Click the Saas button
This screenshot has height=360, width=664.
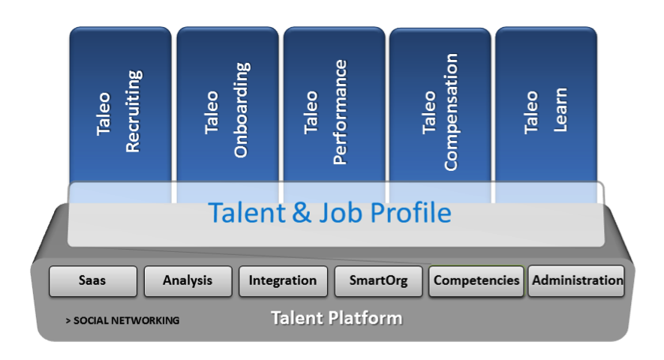[x=93, y=280]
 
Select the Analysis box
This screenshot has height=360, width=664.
[x=188, y=280]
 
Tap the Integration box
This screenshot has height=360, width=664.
[x=283, y=280]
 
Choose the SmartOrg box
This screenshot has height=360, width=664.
[x=379, y=280]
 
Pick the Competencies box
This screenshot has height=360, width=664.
[x=476, y=280]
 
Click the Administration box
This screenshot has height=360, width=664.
[x=576, y=280]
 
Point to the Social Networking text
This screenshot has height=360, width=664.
[x=122, y=320]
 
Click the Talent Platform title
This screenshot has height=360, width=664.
[x=337, y=318]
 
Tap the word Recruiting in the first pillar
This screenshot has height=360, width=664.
[x=134, y=111]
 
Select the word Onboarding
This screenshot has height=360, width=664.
[x=242, y=110]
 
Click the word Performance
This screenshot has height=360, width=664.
[x=340, y=112]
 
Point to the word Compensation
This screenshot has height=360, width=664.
[x=451, y=112]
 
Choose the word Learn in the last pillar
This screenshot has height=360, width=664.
[x=560, y=110]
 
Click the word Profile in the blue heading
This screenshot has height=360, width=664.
[x=410, y=212]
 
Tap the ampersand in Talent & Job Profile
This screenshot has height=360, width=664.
[x=302, y=212]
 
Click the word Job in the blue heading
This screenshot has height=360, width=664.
[x=341, y=212]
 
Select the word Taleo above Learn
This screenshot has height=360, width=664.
[x=531, y=112]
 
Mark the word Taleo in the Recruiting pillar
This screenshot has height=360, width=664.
[x=104, y=114]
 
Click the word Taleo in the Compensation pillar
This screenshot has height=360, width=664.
[x=428, y=112]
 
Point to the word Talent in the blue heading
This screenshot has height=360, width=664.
[x=246, y=212]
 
